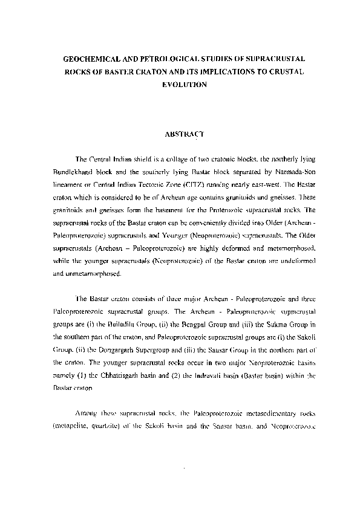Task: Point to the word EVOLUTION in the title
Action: [185, 85]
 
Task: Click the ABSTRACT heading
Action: [185, 133]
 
